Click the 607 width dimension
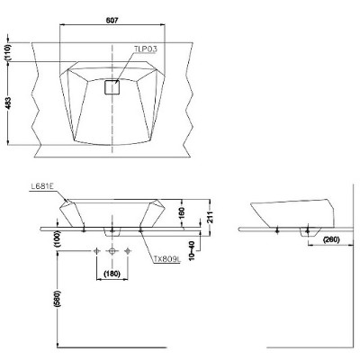point(112,20)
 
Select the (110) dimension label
point(8,53)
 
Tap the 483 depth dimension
point(8,103)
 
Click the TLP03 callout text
point(146,49)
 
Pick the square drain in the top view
point(112,87)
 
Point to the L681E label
point(42,186)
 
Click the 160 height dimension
point(182,213)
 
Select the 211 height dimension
point(211,217)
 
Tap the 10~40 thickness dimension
point(193,251)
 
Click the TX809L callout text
point(167,259)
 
